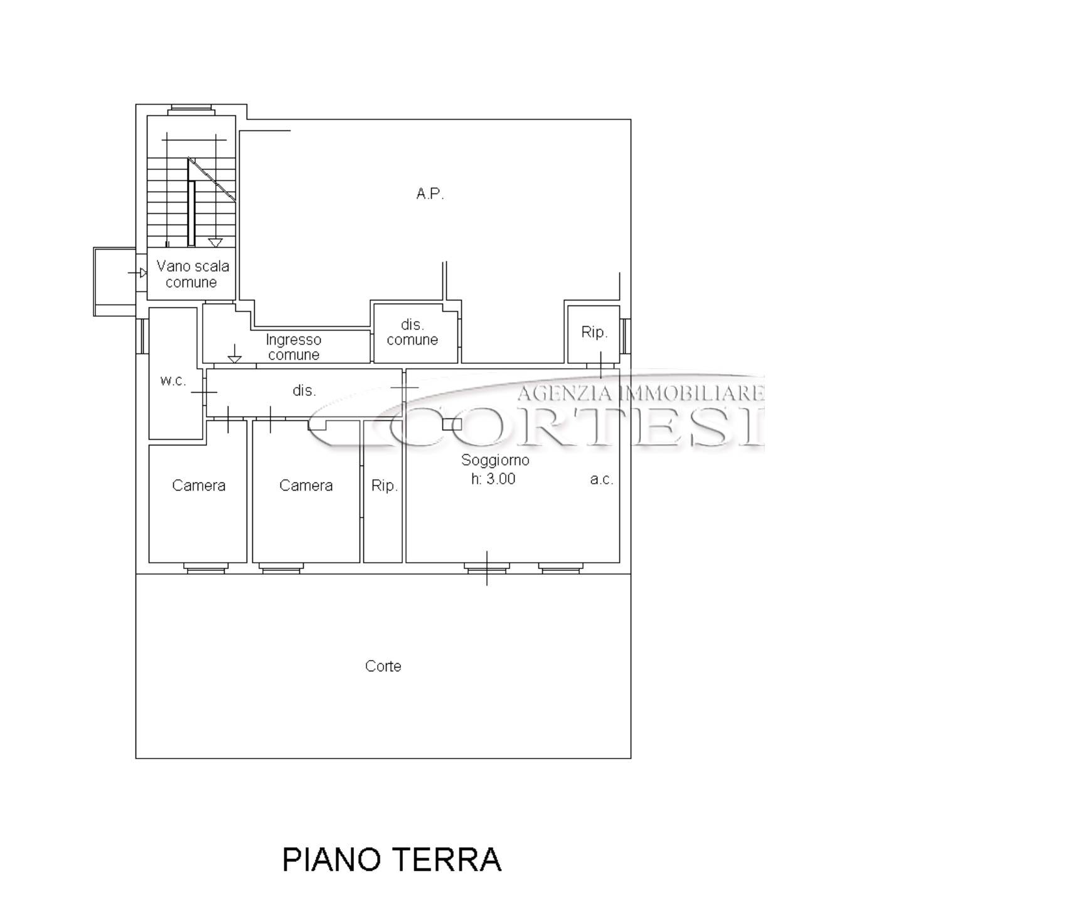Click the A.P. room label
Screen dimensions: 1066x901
pos(430,194)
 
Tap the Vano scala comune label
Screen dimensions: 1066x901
pos(192,274)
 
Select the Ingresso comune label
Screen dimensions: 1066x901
pos(294,347)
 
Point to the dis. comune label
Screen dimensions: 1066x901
pos(412,332)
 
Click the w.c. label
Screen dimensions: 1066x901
pos(173,380)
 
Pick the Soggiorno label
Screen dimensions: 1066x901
pos(495,460)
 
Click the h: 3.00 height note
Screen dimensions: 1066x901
pos(493,479)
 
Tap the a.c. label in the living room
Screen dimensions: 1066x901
pos(602,480)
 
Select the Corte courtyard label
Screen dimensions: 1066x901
pos(383,666)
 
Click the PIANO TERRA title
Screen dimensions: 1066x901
pos(392,860)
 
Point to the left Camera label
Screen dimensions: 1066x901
pos(198,485)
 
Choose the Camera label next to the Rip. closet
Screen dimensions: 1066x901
pos(306,485)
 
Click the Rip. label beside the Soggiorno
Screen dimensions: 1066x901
pos(384,486)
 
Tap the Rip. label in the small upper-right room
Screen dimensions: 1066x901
pos(594,332)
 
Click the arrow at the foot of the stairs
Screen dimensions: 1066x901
pos(216,242)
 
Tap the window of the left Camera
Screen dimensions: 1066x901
pos(205,568)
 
